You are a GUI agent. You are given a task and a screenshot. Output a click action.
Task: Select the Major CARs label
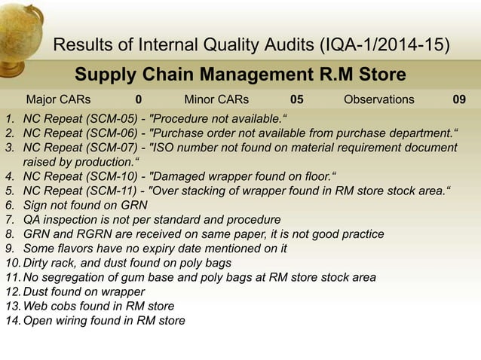pyautogui.click(x=58, y=99)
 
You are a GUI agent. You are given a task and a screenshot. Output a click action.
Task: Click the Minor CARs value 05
pyautogui.click(x=297, y=99)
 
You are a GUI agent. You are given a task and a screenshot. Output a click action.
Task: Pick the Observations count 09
pyautogui.click(x=458, y=99)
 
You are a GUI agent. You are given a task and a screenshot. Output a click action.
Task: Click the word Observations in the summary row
pyautogui.click(x=378, y=99)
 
